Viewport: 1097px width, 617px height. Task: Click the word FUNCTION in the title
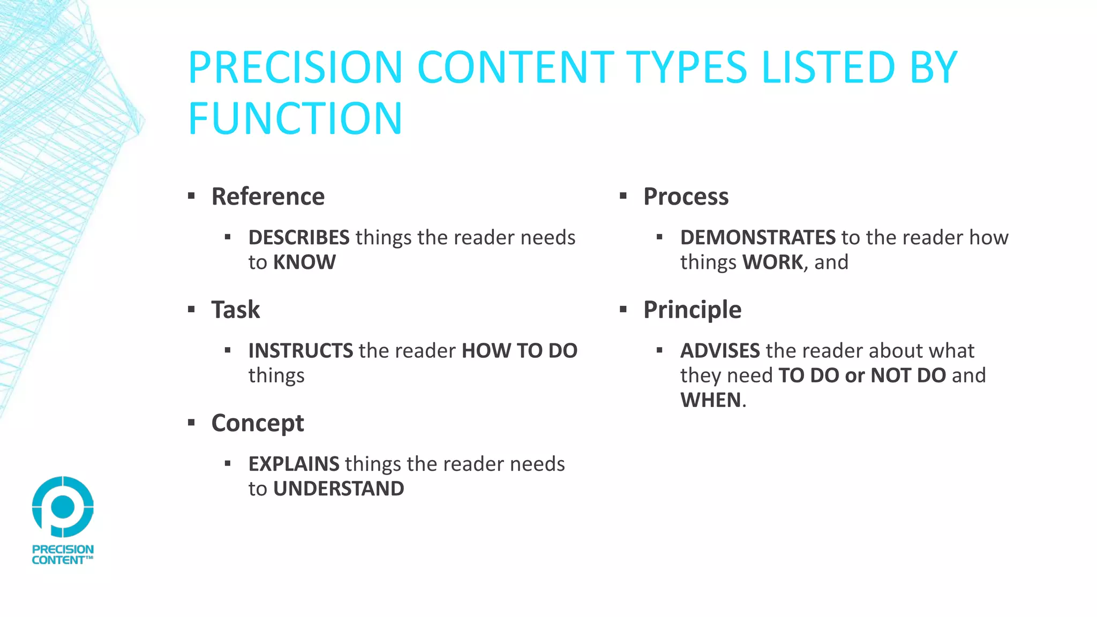[x=295, y=119]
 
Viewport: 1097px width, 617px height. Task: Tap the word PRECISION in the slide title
[x=295, y=67]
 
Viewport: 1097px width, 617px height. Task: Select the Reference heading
[x=268, y=197]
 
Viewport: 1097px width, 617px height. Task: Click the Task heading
[x=236, y=310]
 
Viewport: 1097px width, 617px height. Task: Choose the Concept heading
[x=258, y=423]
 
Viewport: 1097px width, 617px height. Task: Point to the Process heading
[x=686, y=197]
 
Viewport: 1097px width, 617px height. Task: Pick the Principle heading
[x=692, y=310]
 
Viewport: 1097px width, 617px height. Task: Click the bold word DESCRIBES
[x=299, y=237]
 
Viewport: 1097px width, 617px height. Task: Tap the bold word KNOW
[x=304, y=262]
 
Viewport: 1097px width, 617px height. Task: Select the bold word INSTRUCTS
[x=300, y=351]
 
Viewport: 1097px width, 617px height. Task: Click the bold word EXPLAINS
[x=294, y=464]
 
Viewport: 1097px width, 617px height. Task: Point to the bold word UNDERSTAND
[x=339, y=489]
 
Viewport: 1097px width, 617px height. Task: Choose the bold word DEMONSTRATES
[x=757, y=237]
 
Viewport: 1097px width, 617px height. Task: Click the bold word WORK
[x=772, y=262]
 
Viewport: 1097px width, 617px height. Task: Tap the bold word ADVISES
[x=720, y=351]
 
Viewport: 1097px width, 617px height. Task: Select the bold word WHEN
[x=711, y=400]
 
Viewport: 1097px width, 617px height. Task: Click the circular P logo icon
[x=63, y=507]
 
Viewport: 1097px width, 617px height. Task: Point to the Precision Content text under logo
[x=63, y=555]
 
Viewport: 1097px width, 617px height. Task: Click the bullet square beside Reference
[x=191, y=196]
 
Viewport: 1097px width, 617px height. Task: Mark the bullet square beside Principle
[x=623, y=309]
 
